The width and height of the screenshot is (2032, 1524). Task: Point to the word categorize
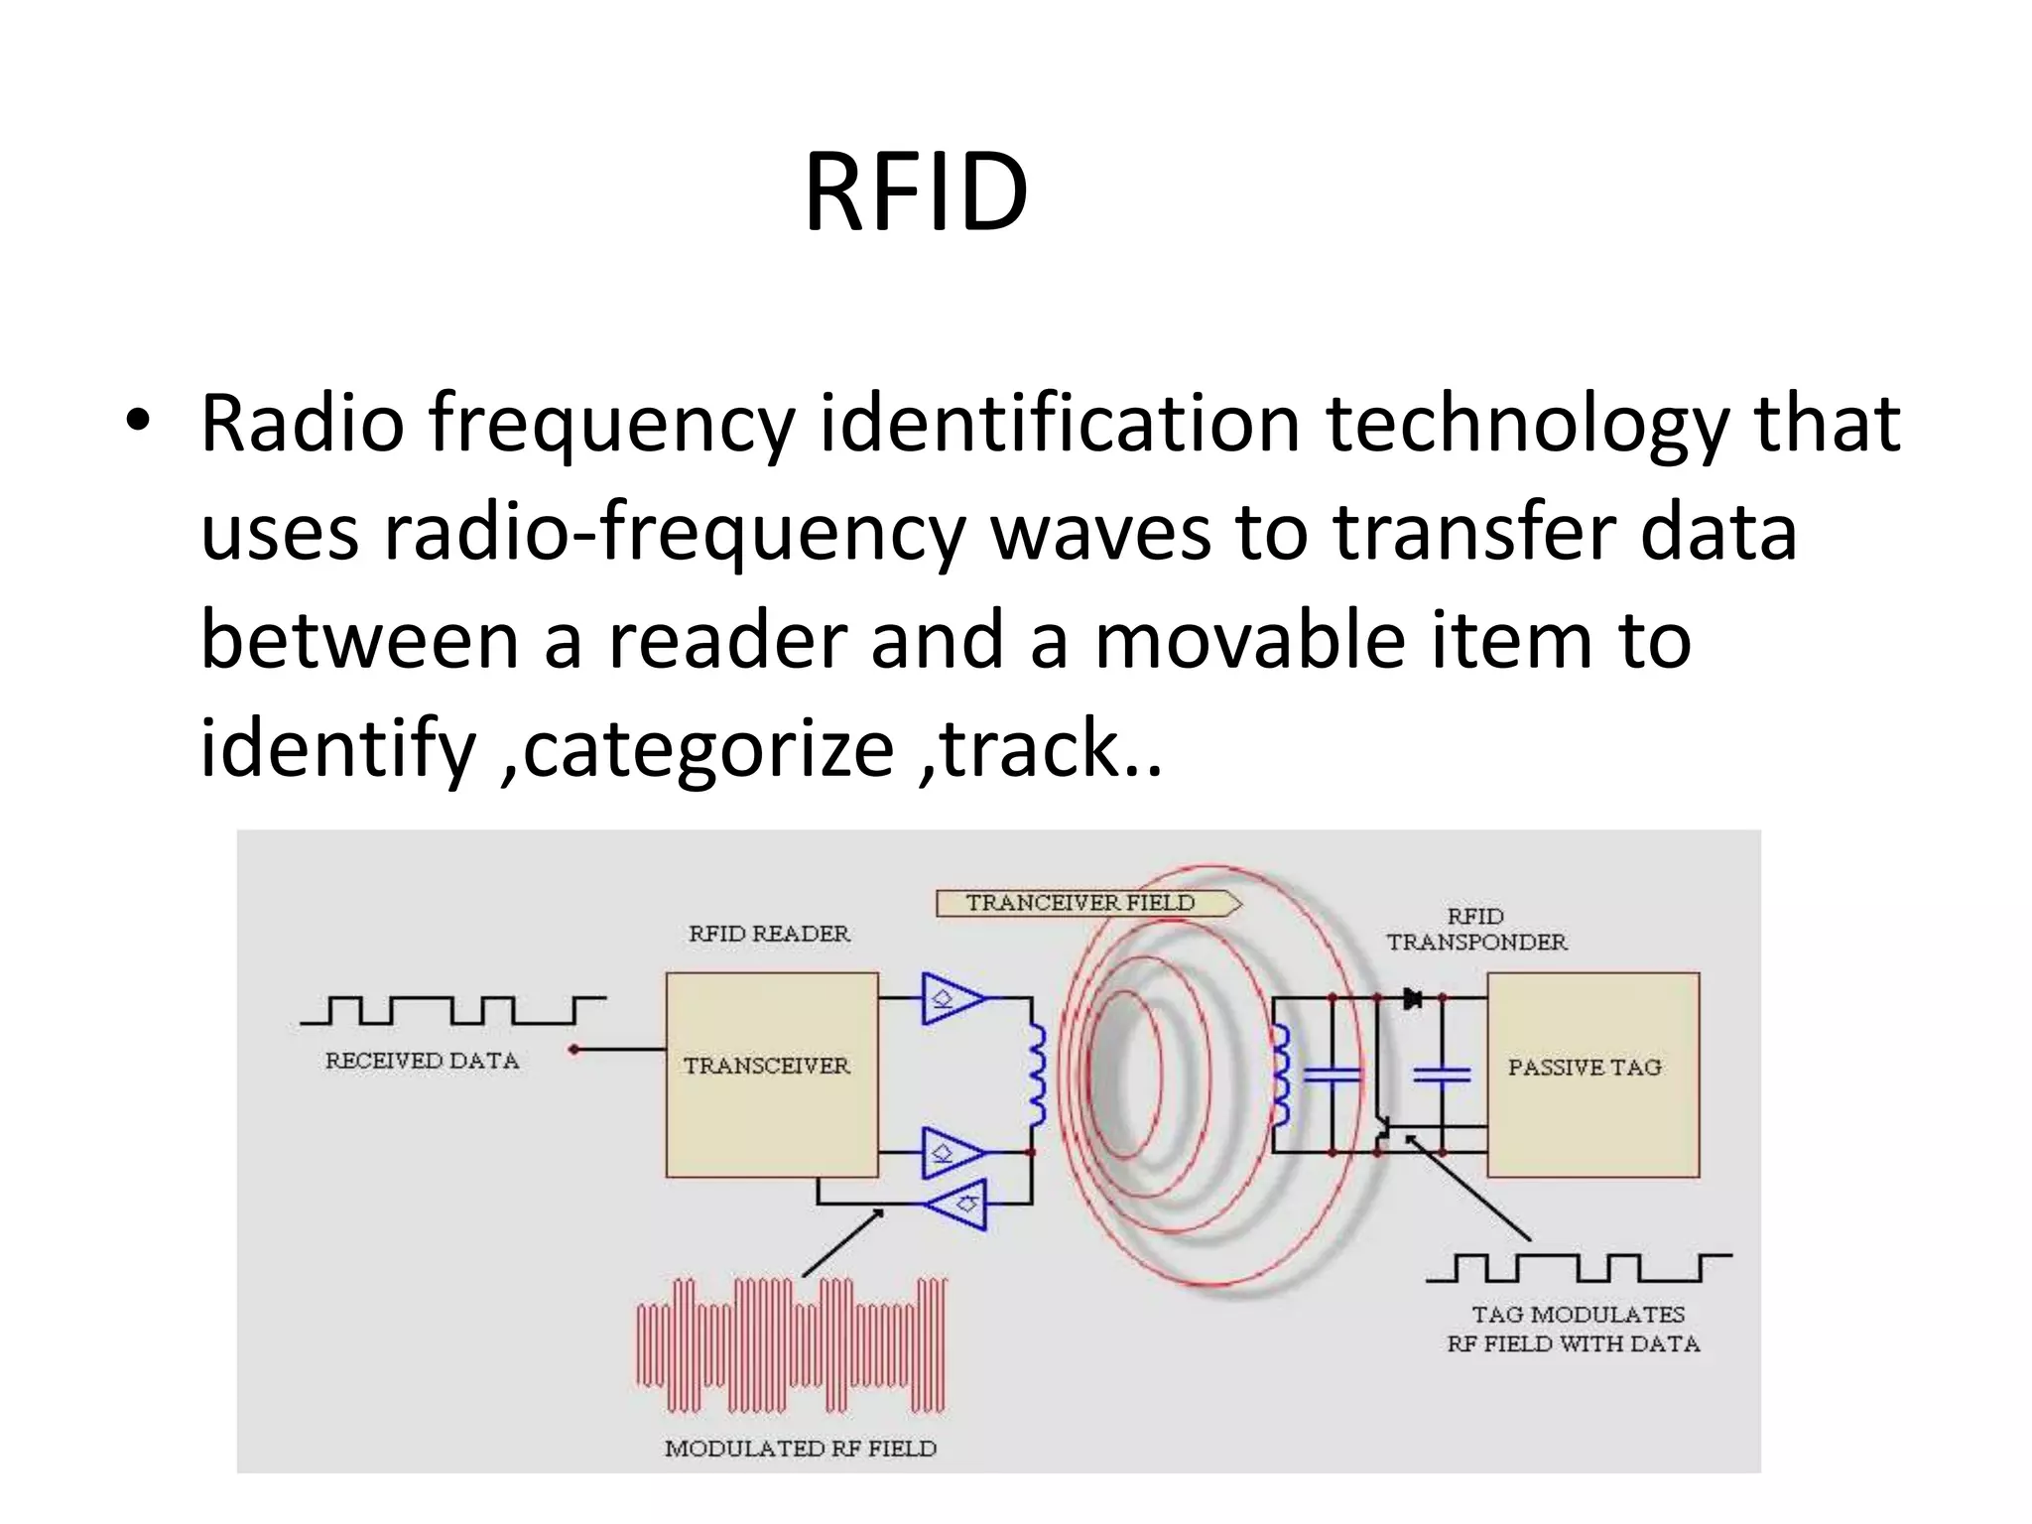point(707,749)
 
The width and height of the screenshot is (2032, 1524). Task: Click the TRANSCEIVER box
point(771,1074)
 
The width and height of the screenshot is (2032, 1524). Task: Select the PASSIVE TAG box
point(1591,1074)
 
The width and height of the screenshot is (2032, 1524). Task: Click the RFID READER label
point(769,934)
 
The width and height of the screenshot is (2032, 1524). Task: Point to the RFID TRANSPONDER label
point(1476,930)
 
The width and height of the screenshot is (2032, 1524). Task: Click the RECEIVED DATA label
point(423,1061)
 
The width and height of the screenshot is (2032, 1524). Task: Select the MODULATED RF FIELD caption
point(800,1448)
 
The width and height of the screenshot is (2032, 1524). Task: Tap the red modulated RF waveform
point(791,1344)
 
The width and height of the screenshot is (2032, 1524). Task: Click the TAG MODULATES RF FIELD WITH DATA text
point(1576,1329)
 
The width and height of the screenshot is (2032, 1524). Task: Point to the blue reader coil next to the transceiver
point(1036,1076)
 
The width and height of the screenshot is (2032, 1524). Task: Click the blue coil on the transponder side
point(1281,1076)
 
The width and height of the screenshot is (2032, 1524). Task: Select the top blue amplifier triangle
point(951,997)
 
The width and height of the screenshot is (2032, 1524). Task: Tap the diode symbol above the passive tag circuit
point(1413,998)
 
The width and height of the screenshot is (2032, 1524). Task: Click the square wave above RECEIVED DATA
point(452,1010)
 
